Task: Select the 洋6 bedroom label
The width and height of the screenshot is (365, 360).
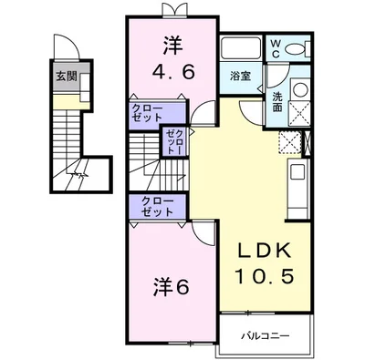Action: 169,286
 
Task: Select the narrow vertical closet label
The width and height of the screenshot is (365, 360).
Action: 174,141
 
